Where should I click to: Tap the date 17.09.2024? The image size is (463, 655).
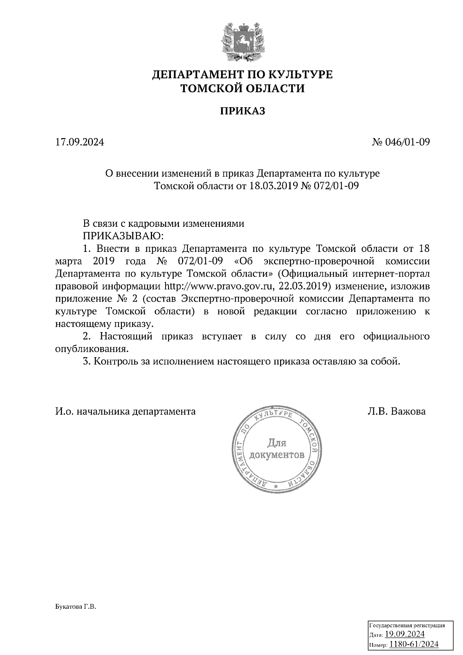79,142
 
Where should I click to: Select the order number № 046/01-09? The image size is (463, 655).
400,142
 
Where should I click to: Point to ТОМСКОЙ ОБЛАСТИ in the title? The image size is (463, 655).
243,89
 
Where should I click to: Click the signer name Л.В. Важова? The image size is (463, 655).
397,412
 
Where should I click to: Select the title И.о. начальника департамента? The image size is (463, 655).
125,412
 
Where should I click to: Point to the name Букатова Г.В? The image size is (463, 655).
75,607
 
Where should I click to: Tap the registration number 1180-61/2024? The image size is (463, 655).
414,644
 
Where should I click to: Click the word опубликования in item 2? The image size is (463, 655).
91,349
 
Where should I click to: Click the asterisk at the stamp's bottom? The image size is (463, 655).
275,487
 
